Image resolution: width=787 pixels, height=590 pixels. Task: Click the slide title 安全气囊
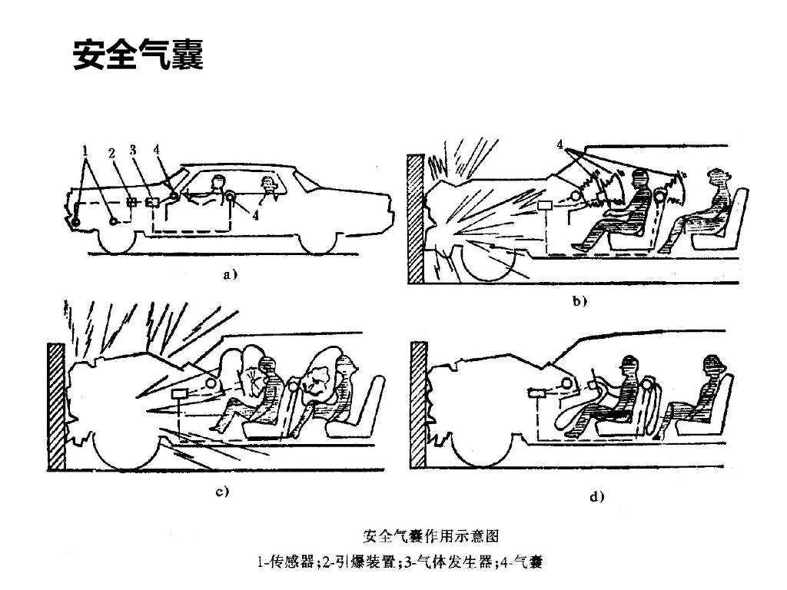tap(138, 55)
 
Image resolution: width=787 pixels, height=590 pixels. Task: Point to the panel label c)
tap(222, 492)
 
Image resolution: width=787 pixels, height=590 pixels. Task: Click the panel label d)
tap(596, 496)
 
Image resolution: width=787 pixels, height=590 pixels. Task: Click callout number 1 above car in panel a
tap(86, 150)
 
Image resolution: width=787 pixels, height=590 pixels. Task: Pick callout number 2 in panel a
tap(111, 152)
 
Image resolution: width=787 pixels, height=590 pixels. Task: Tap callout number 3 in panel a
tap(133, 150)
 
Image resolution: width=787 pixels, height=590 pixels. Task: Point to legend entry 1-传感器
tap(286, 563)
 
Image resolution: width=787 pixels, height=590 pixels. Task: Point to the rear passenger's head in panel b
tap(717, 179)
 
